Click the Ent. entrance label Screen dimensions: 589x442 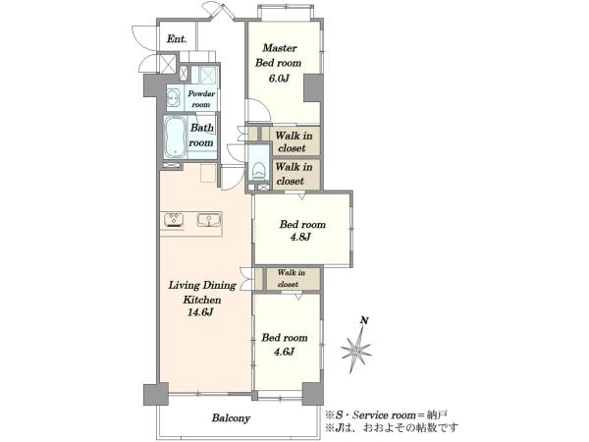click(x=177, y=38)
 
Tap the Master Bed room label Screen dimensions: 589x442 click(x=279, y=55)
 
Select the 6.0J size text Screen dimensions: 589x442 click(x=279, y=79)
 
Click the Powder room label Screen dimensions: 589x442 click(x=201, y=99)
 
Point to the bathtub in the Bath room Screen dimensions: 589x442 click(x=175, y=138)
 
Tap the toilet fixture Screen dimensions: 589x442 click(x=259, y=171)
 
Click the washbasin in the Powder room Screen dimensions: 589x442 click(x=174, y=97)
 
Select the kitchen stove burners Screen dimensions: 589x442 click(x=174, y=220)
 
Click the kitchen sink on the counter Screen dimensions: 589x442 click(x=209, y=220)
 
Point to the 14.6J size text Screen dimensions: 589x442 click(x=200, y=312)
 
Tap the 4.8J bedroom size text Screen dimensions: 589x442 click(x=300, y=237)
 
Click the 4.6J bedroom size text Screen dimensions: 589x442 click(x=284, y=352)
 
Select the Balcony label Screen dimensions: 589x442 click(x=231, y=418)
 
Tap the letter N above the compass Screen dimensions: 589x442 click(x=364, y=320)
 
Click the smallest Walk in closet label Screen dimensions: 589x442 click(x=291, y=278)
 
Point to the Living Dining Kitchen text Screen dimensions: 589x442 click(x=202, y=292)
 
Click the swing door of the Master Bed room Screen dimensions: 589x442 click(x=257, y=110)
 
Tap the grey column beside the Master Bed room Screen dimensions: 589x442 click(x=313, y=88)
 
